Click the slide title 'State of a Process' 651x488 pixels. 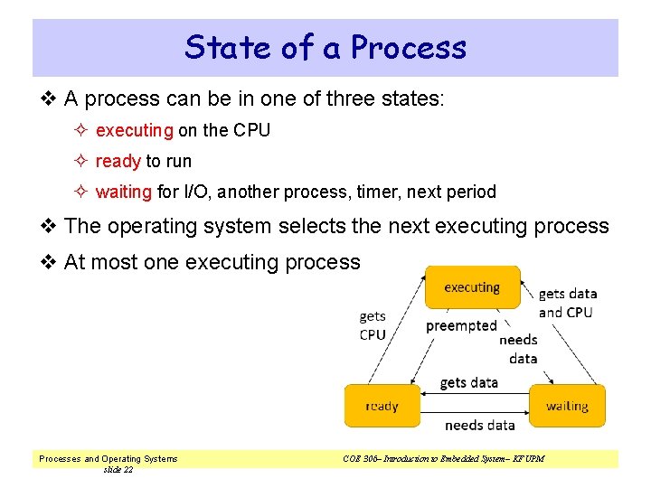pos(325,47)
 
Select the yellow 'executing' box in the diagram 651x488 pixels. pos(472,287)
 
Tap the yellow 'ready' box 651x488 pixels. pos(382,406)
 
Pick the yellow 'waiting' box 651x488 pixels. pos(567,406)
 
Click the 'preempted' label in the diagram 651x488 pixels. pos(461,325)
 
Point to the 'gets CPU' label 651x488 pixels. pos(373,325)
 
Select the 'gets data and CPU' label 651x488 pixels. pos(567,303)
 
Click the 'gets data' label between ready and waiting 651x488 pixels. pos(468,382)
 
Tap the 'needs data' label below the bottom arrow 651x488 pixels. pos(479,425)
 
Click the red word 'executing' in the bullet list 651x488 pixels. pos(134,130)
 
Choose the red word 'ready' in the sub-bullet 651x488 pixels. pos(118,161)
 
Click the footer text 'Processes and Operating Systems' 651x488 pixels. pos(108,458)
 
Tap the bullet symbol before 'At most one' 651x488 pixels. pos(50,262)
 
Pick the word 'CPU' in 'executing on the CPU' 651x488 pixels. pos(251,130)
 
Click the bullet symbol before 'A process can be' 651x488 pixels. pos(50,99)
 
